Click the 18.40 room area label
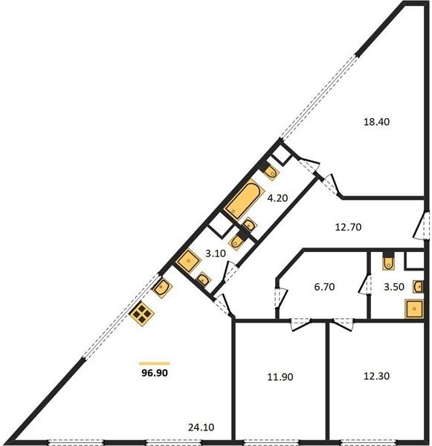[x=376, y=122]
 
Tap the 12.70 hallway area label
[x=348, y=227]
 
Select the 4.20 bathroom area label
[x=277, y=198]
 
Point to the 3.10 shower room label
[x=216, y=253]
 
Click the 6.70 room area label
[x=324, y=287]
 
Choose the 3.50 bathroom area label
[x=394, y=287]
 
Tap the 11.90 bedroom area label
[x=280, y=377]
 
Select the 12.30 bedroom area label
[x=376, y=376]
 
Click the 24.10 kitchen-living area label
[x=202, y=427]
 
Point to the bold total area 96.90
[x=155, y=372]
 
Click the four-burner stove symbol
[x=141, y=314]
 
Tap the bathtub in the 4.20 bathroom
[x=244, y=199]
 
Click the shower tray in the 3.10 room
[x=188, y=261]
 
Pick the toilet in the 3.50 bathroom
[x=388, y=261]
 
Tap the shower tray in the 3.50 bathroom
[x=414, y=309]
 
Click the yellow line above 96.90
[x=155, y=363]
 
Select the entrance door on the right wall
[x=422, y=225]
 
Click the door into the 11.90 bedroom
[x=300, y=324]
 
